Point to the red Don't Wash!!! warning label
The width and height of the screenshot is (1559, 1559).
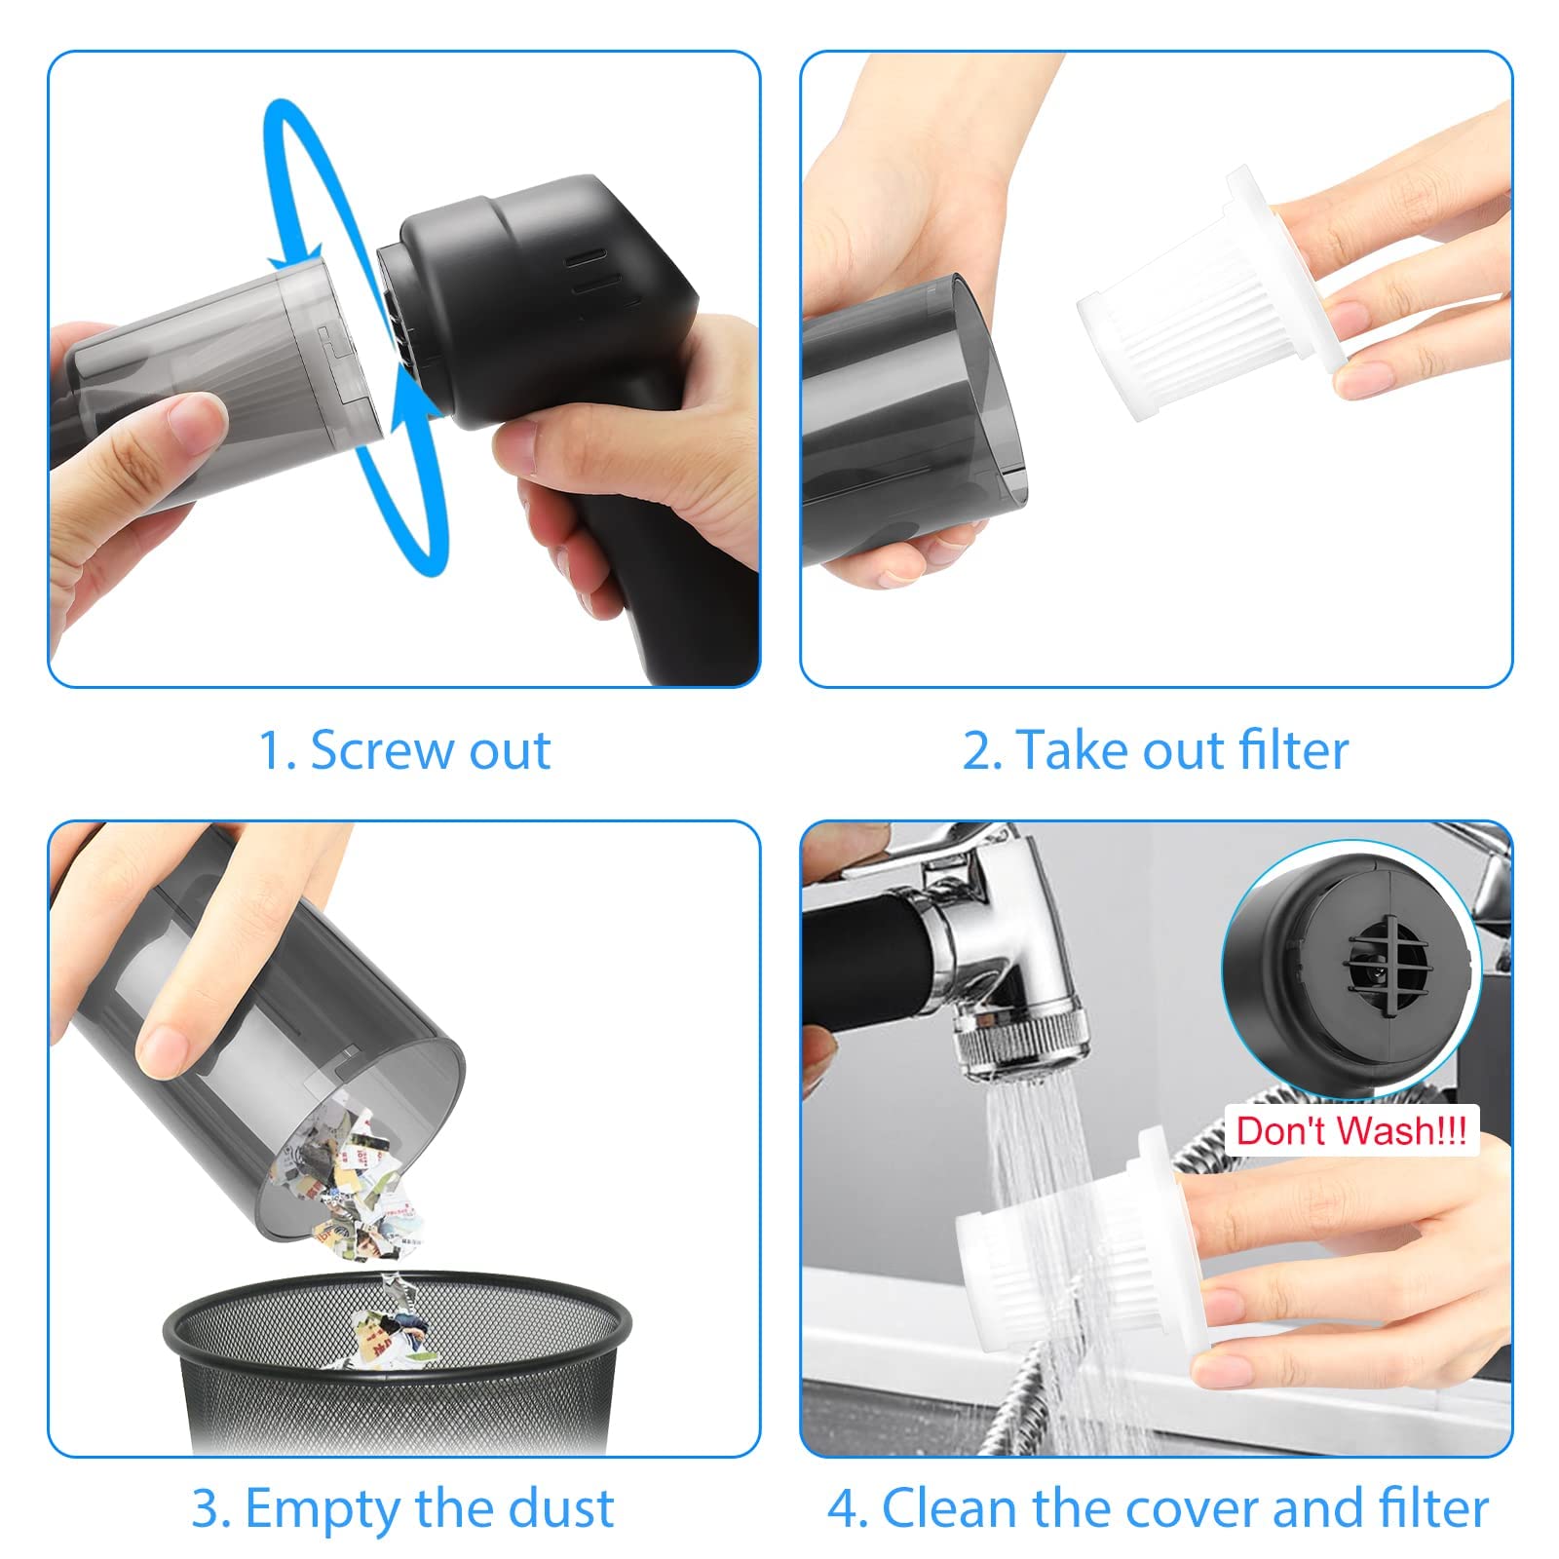1351,1130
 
